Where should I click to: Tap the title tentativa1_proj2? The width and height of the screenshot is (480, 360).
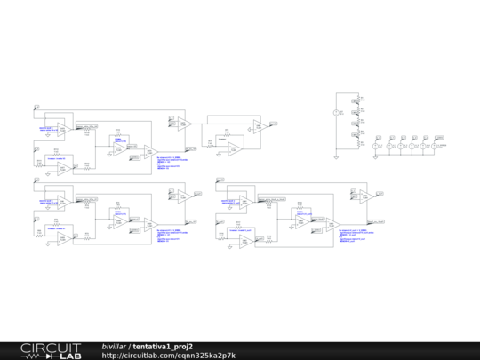pyautogui.click(x=163, y=346)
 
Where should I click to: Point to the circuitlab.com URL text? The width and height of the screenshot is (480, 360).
pyautogui.click(x=169, y=356)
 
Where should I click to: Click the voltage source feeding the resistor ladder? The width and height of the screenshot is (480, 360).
pyautogui.click(x=336, y=113)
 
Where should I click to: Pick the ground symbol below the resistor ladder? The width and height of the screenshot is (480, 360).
pyautogui.click(x=336, y=156)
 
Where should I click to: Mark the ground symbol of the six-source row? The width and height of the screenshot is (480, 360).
pyautogui.click(x=376, y=156)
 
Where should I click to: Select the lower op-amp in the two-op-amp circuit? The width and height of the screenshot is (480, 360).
pyautogui.click(x=232, y=148)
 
